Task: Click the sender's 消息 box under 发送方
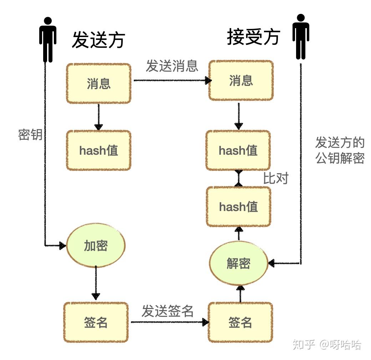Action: point(99,83)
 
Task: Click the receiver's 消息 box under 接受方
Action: point(241,80)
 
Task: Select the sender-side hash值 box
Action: point(99,150)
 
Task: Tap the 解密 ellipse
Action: point(239,263)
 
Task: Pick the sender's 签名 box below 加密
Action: point(96,322)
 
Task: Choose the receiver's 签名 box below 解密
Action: point(240,322)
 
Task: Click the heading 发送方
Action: point(98,39)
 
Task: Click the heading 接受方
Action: point(253,37)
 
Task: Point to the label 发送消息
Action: point(172,66)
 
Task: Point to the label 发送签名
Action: point(167,311)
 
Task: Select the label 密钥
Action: point(30,135)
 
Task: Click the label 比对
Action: point(275,179)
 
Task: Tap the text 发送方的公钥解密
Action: point(340,150)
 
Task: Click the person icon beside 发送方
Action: point(47,39)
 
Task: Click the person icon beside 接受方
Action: point(301,36)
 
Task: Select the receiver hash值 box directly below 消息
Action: point(238,150)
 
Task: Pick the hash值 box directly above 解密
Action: point(238,207)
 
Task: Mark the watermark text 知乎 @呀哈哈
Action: point(327,345)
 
